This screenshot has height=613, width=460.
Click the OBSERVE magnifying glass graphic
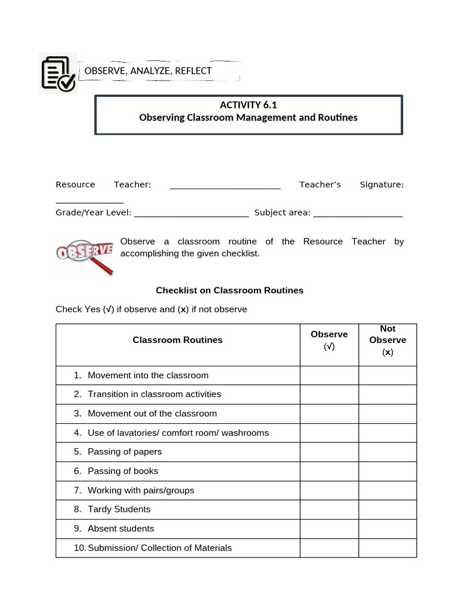tap(84, 254)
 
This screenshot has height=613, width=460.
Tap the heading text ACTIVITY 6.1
tap(248, 105)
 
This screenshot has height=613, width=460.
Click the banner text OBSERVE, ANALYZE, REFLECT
tap(148, 71)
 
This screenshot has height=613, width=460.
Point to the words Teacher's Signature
tap(352, 184)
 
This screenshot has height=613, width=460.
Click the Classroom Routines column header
tap(177, 340)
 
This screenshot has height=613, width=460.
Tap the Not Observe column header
tap(388, 340)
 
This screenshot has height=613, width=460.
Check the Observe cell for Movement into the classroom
tap(329, 375)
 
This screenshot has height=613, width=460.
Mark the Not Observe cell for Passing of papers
tap(388, 452)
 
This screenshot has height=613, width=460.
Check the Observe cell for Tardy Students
tap(329, 509)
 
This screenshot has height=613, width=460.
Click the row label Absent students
tap(120, 529)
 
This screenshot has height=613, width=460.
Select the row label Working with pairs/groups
tap(141, 490)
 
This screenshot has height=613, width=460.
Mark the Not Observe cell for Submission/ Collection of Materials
tap(388, 548)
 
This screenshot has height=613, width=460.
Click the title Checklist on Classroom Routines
tap(229, 290)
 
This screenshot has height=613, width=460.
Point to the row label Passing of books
tap(123, 471)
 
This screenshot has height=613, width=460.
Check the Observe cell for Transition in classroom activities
tap(329, 394)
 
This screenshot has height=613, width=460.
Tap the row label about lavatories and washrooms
tap(178, 433)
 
